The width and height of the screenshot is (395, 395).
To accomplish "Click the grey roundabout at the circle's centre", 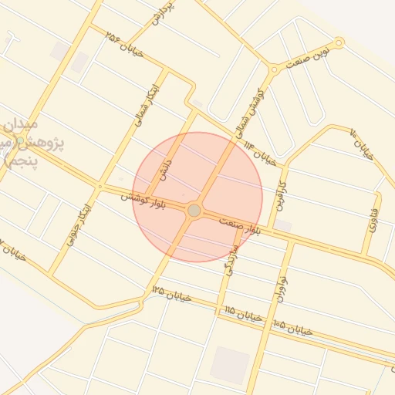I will (194, 210).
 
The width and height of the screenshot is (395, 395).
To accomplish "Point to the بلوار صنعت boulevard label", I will (247, 226).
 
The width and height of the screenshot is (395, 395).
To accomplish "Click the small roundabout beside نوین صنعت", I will (339, 43).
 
